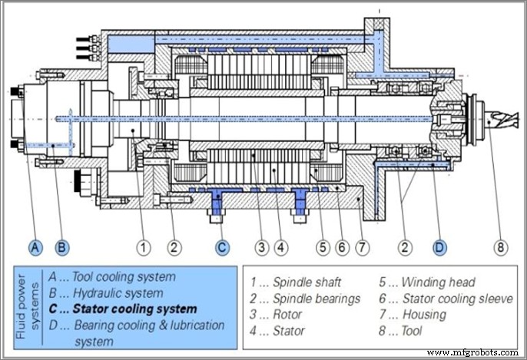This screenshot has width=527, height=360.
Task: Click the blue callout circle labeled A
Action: (x=35, y=247)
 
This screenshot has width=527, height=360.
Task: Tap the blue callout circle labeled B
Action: (x=62, y=247)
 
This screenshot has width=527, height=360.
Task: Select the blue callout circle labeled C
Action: (x=221, y=247)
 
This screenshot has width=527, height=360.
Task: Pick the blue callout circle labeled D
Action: (x=439, y=247)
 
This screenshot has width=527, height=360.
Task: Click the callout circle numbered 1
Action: (x=143, y=247)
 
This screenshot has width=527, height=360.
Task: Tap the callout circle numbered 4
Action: (x=280, y=247)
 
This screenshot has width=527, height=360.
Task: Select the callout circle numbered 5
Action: (x=323, y=247)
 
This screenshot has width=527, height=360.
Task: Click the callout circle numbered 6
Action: (x=342, y=247)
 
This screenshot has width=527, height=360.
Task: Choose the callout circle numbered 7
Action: (x=361, y=247)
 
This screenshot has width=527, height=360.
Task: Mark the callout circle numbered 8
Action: (x=499, y=247)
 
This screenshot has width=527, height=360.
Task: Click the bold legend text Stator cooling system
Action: (x=134, y=309)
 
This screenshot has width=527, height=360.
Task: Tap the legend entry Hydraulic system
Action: (x=117, y=292)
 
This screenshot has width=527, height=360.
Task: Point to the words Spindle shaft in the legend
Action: (x=298, y=282)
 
